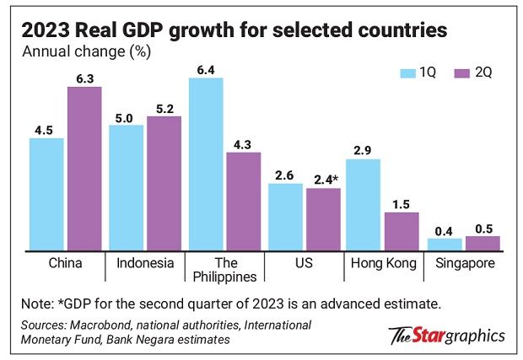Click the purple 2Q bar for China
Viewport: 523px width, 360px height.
point(84,169)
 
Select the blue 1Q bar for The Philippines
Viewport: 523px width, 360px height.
point(206,164)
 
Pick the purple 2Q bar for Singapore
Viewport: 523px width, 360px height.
point(483,243)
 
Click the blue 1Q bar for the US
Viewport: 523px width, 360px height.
point(285,217)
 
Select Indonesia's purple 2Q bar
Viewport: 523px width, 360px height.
point(164,183)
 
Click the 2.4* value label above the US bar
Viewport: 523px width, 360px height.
point(325,180)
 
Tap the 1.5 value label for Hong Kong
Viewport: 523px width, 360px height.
point(402,204)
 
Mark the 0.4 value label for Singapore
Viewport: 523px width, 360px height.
point(445,230)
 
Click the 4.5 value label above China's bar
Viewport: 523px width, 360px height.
point(46,130)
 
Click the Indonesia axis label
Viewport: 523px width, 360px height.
point(145,263)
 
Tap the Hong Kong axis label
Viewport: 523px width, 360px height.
point(383,263)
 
